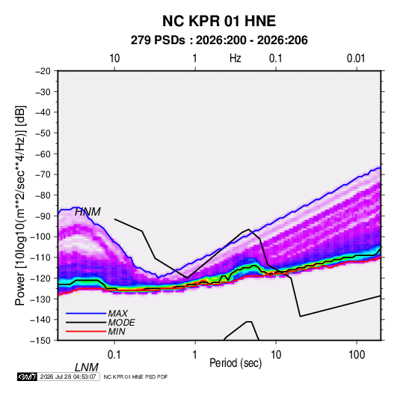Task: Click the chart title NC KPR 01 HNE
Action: pyautogui.click(x=219, y=21)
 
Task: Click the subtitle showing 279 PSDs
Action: pyautogui.click(x=219, y=40)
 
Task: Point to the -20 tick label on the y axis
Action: pyautogui.click(x=43, y=71)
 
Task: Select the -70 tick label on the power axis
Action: pyautogui.click(x=43, y=174)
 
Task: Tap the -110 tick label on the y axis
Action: pyautogui.click(x=41, y=258)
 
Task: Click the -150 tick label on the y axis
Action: pyautogui.click(x=41, y=341)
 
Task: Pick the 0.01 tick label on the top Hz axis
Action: pyautogui.click(x=356, y=58)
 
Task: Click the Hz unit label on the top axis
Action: pyautogui.click(x=236, y=58)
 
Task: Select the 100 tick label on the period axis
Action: pyautogui.click(x=357, y=355)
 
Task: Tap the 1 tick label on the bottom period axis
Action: pyautogui.click(x=195, y=355)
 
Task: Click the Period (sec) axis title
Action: pyautogui.click(x=236, y=363)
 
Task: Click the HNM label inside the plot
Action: pyautogui.click(x=87, y=212)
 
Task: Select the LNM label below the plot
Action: pyautogui.click(x=87, y=368)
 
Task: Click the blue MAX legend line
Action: pyautogui.click(x=86, y=314)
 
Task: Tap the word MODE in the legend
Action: pyautogui.click(x=121, y=323)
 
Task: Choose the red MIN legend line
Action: pyautogui.click(x=86, y=332)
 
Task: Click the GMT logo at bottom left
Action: pyautogui.click(x=27, y=377)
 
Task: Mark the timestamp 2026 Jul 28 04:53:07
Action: pyautogui.click(x=68, y=377)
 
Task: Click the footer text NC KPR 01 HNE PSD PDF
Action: pyautogui.click(x=136, y=377)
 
